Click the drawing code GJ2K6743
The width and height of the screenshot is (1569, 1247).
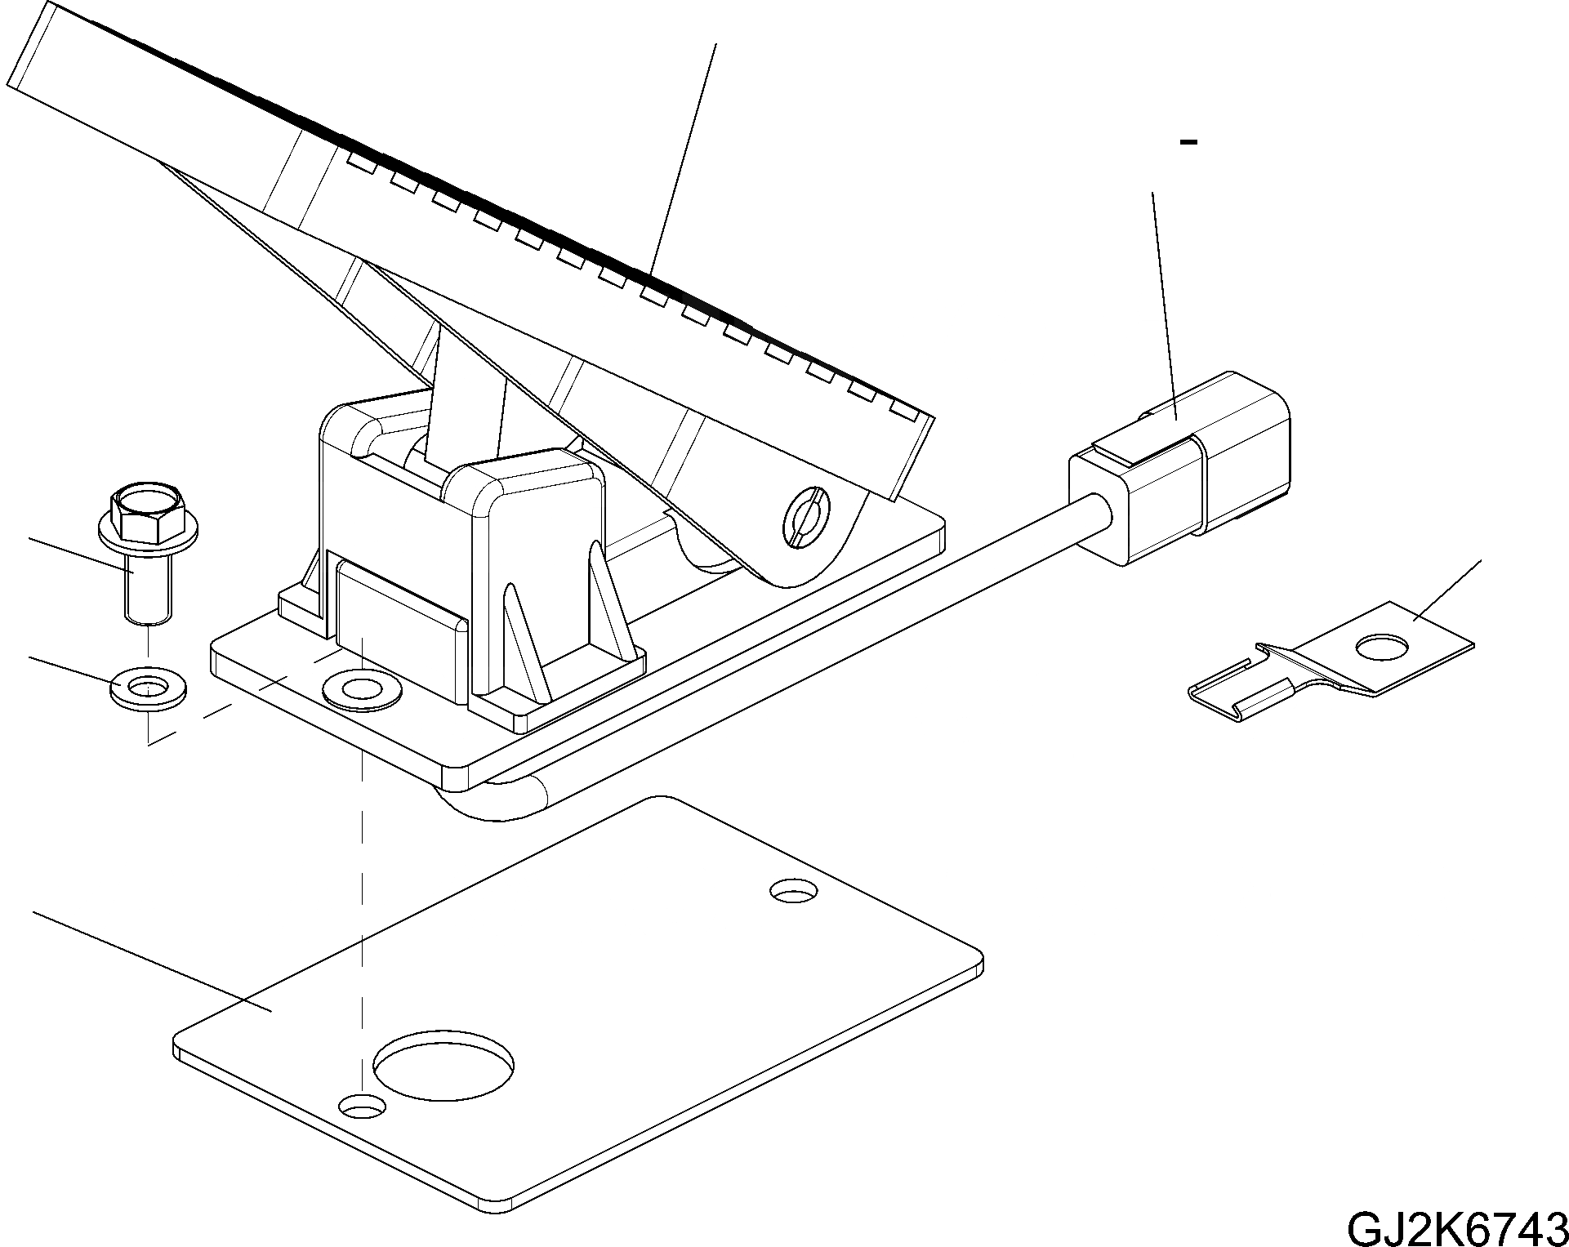pyautogui.click(x=1456, y=1226)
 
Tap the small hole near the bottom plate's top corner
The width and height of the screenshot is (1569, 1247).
pyautogui.click(x=794, y=891)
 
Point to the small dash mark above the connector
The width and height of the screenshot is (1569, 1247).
pyautogui.click(x=1189, y=143)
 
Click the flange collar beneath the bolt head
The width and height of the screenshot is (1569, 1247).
pyautogui.click(x=145, y=534)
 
